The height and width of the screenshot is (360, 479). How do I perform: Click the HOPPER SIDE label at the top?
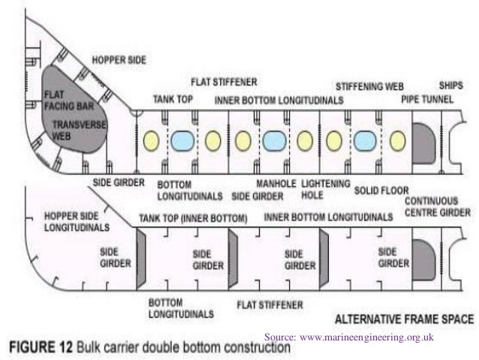tap(118, 58)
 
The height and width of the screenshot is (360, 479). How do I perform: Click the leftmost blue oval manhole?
tap(182, 141)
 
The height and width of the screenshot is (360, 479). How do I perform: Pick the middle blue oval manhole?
tap(273, 141)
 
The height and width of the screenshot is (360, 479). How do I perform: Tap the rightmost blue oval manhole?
tap(365, 141)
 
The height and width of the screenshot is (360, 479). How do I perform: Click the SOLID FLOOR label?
tap(378, 190)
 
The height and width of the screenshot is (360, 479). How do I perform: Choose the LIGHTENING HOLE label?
tap(325, 189)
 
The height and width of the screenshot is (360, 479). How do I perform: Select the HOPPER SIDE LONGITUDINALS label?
tap(77, 219)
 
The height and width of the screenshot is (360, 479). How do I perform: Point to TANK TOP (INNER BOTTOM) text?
tap(192, 218)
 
